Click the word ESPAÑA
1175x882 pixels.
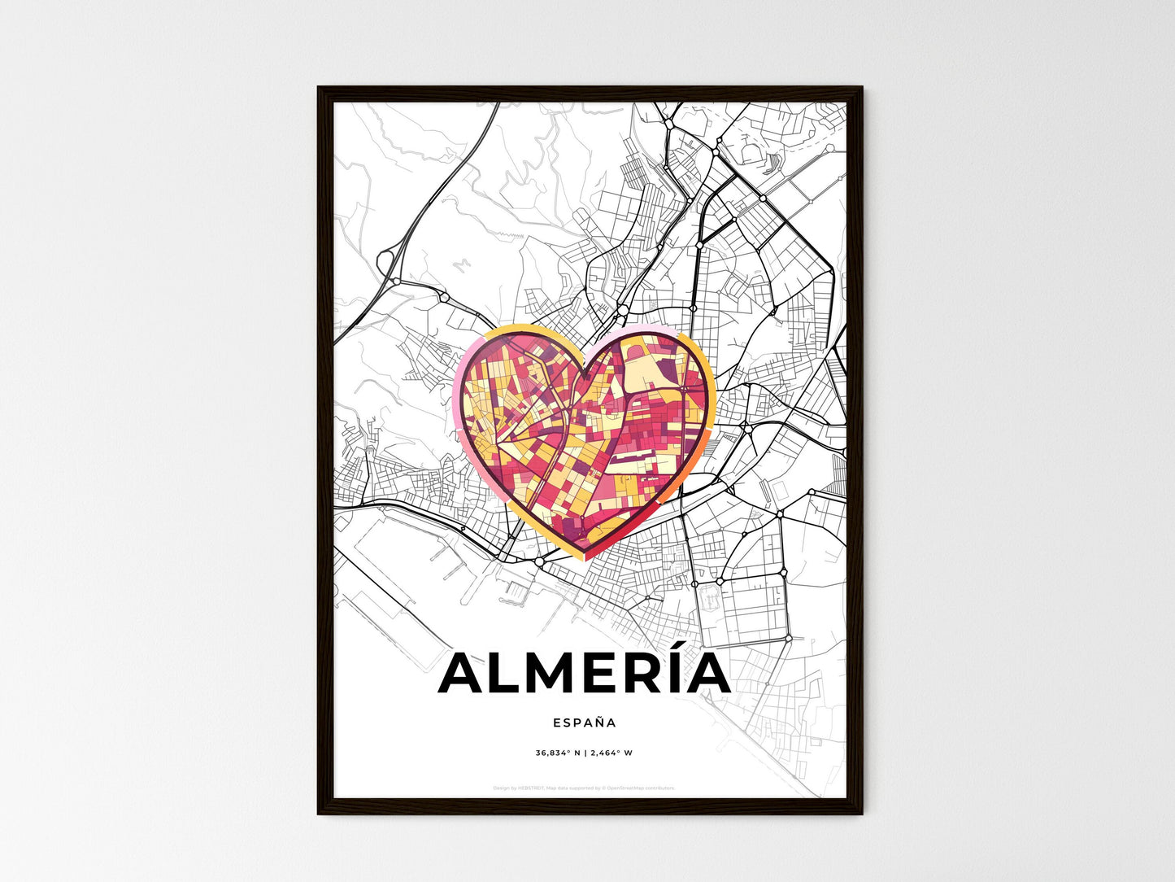click(x=585, y=722)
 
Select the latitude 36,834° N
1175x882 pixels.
click(x=558, y=753)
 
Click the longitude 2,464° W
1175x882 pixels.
click(x=611, y=753)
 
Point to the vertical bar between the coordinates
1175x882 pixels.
click(x=585, y=753)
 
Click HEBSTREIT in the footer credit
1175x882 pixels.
click(x=533, y=788)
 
